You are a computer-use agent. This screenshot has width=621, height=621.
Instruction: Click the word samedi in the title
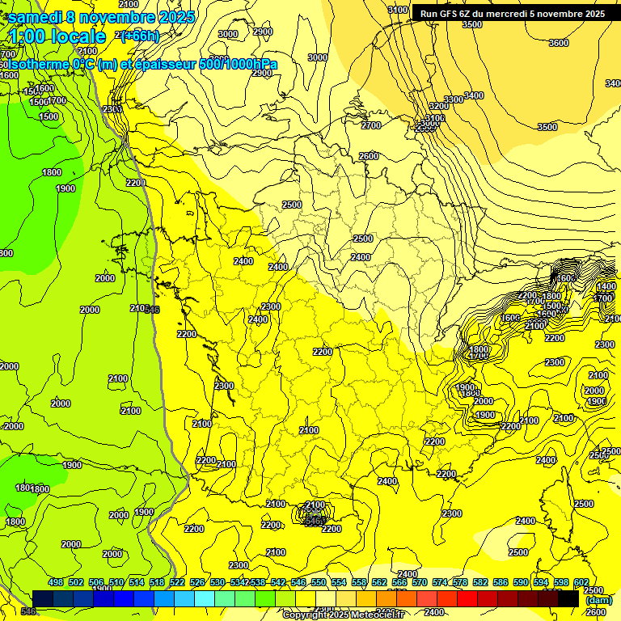(38, 17)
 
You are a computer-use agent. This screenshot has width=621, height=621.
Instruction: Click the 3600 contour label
(558, 43)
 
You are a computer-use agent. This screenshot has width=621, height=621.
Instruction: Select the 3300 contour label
(454, 99)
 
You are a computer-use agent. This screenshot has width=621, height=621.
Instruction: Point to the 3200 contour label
(438, 106)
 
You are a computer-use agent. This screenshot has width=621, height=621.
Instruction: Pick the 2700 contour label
(371, 125)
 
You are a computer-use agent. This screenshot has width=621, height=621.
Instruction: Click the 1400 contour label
(605, 287)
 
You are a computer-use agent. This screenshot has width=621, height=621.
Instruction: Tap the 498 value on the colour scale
(56, 582)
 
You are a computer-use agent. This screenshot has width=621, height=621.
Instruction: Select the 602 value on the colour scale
(581, 582)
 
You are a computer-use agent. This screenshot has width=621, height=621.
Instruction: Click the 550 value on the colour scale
(318, 582)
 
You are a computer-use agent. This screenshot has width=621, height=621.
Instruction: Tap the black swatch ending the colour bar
(568, 598)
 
